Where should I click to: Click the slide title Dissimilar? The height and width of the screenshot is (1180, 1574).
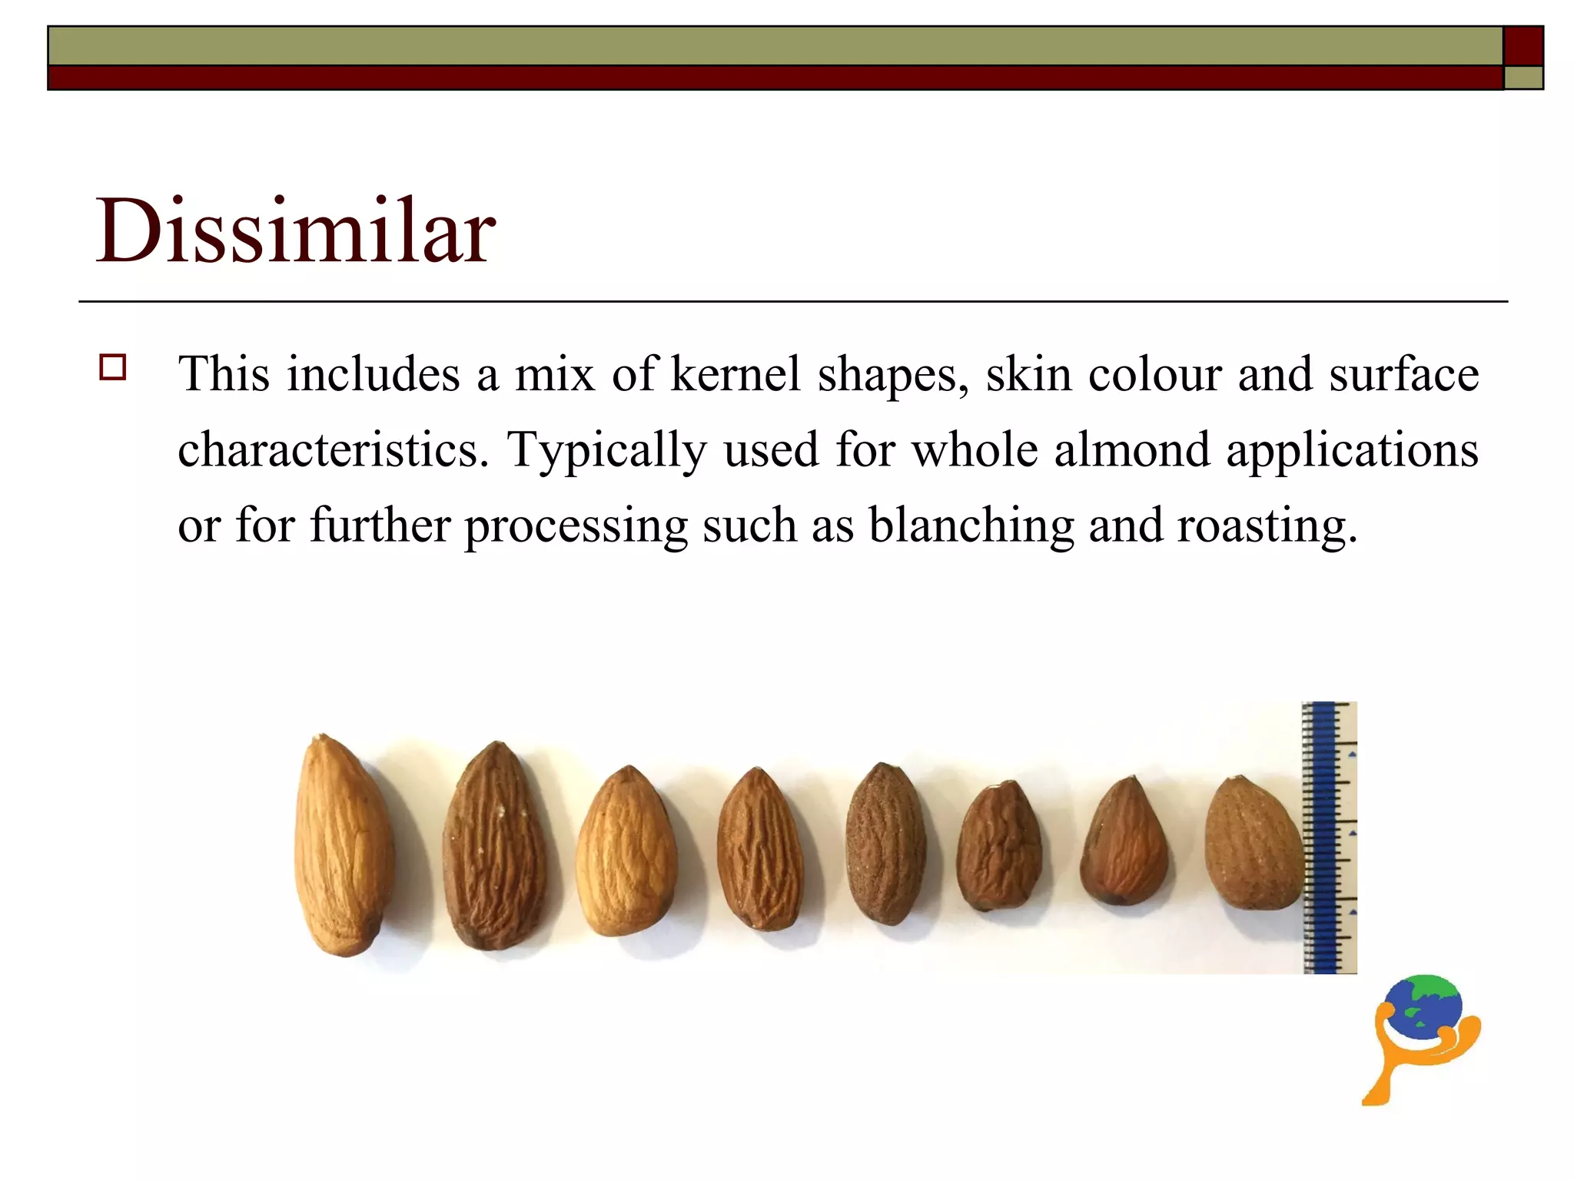[x=295, y=230]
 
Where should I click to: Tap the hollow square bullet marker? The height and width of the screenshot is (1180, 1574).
[x=113, y=367]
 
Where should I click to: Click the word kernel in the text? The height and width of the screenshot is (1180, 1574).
[x=736, y=375]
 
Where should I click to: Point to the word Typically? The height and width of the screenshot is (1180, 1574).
[x=606, y=452]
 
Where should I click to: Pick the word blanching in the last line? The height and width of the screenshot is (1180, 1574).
[x=971, y=527]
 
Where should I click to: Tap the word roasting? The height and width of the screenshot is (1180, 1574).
[x=1267, y=527]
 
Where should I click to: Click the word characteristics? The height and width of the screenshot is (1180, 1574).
[x=332, y=450]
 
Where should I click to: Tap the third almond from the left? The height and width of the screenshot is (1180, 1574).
[x=626, y=851]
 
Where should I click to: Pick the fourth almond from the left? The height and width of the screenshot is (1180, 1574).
[x=760, y=850]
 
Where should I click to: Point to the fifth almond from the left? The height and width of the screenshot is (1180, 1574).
[x=886, y=844]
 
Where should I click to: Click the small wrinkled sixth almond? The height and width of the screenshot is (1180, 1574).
[x=1000, y=847]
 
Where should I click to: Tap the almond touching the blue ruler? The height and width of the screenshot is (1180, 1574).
[x=1252, y=844]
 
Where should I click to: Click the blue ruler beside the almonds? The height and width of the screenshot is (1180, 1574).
[x=1328, y=837]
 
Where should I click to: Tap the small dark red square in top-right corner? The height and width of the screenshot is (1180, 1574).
[x=1523, y=46]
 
